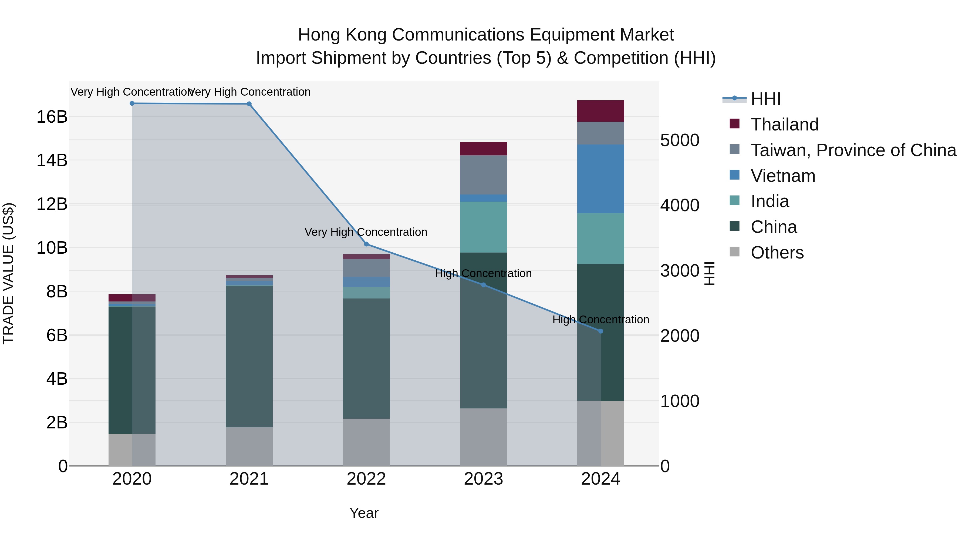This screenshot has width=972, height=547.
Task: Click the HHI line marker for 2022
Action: (366, 244)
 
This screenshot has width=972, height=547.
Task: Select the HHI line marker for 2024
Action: (601, 331)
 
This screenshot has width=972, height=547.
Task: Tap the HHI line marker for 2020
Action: (132, 103)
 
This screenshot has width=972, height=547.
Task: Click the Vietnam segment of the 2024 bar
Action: (601, 179)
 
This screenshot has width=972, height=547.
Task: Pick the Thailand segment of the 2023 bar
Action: (483, 149)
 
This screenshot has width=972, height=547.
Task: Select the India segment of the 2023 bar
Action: (483, 227)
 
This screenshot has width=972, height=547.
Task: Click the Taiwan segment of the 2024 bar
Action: (601, 133)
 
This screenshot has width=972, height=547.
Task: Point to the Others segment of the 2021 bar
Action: (249, 447)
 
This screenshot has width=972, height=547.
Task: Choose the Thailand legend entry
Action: (784, 125)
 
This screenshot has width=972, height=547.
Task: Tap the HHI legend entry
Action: (765, 99)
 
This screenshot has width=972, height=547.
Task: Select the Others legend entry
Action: (777, 253)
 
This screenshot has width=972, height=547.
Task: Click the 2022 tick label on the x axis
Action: (366, 479)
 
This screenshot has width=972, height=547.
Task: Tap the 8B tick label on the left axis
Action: (57, 291)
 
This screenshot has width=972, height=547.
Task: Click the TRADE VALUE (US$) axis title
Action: (9, 273)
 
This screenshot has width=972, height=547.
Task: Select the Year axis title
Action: (364, 513)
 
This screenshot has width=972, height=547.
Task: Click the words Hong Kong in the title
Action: (342, 35)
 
